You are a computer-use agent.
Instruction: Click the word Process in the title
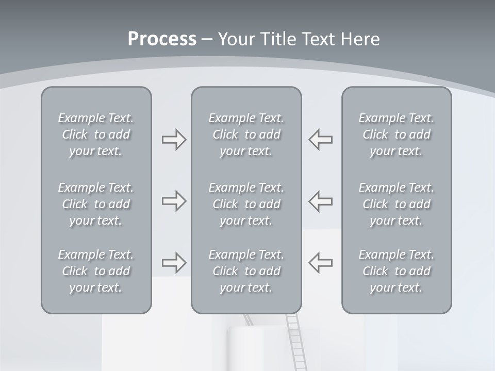pyautogui.click(x=162, y=39)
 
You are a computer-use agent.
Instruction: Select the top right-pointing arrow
pyautogui.click(x=174, y=140)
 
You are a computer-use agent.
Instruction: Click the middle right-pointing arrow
pyautogui.click(x=174, y=201)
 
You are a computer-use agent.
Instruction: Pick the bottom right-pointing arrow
pyautogui.click(x=174, y=263)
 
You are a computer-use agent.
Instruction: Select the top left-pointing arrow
pyautogui.click(x=321, y=140)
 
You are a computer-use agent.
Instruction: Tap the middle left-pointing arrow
pyautogui.click(x=321, y=201)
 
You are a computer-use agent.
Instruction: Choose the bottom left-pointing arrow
pyautogui.click(x=321, y=263)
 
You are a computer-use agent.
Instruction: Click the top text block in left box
pyautogui.click(x=96, y=134)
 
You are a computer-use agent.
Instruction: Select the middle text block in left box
pyautogui.click(x=96, y=204)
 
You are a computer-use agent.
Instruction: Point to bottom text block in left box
pyautogui.click(x=96, y=271)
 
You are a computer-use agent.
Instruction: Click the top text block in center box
pyautogui.click(x=246, y=134)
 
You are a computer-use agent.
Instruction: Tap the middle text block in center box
pyautogui.click(x=246, y=204)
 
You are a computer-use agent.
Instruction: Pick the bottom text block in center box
pyautogui.click(x=246, y=271)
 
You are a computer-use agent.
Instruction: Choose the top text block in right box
pyautogui.click(x=396, y=134)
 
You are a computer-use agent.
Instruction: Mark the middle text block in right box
pyautogui.click(x=396, y=204)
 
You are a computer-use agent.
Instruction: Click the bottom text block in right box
pyautogui.click(x=396, y=271)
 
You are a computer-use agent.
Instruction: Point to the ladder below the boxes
pyautogui.click(x=294, y=343)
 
